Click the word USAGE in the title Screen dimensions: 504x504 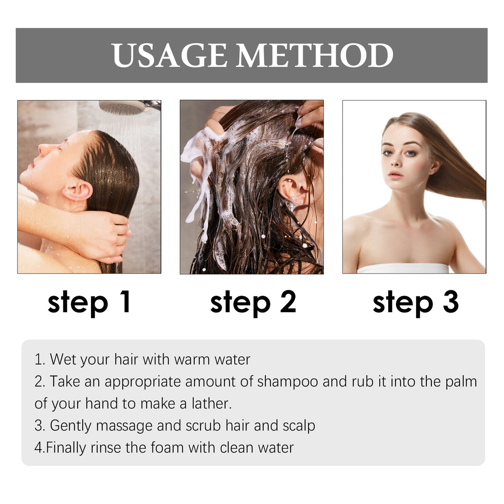coord(169,56)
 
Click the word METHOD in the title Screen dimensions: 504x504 coord(315,56)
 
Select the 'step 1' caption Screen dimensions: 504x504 coord(89,302)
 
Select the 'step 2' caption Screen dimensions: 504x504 coord(253,302)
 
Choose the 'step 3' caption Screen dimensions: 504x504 coord(415,302)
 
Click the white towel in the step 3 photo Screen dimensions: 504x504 coord(403,268)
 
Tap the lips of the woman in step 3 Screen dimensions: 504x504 coord(395,174)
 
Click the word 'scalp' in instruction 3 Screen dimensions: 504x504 coord(298,426)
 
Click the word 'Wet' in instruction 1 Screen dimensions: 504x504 coord(62,360)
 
